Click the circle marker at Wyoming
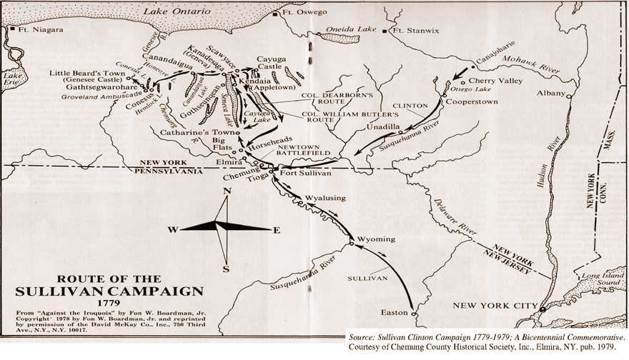(x=351, y=244)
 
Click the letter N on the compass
(x=227, y=191)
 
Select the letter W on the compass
(x=172, y=229)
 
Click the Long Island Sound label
(x=599, y=280)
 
